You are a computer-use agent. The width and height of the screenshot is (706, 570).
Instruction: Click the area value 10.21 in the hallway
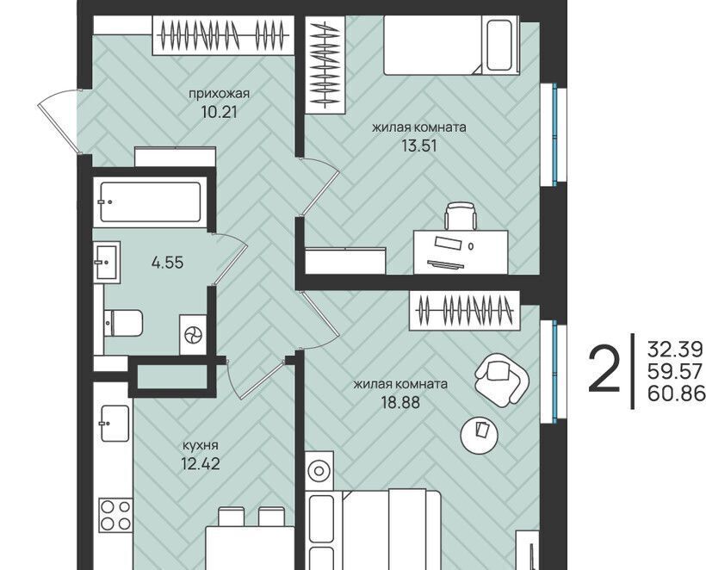coord(219,111)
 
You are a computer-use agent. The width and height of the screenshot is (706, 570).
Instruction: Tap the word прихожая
coord(219,94)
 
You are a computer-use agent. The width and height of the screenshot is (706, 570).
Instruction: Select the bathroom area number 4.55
coord(168,262)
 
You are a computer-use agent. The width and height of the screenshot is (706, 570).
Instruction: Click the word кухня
coord(200,445)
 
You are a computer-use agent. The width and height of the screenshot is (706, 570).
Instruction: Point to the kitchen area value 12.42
coord(201,463)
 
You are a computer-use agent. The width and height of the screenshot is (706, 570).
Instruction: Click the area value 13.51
coord(418,146)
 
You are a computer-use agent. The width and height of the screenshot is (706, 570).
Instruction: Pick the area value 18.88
coord(400,402)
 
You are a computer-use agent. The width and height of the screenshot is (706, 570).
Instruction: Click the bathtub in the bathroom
coord(151,202)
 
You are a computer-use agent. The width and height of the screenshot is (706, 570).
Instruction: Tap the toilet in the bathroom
coord(122,323)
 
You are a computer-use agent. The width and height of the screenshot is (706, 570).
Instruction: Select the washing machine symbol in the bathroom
coord(194,335)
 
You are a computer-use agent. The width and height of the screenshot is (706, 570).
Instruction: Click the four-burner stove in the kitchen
coord(115,515)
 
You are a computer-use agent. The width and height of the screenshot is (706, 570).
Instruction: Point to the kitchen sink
coord(115,424)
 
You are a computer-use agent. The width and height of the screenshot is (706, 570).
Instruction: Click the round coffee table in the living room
coord(480,435)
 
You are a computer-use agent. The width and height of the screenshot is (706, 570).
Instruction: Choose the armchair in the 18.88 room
coord(501,378)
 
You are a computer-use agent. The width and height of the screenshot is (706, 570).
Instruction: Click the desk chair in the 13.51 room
coord(461,216)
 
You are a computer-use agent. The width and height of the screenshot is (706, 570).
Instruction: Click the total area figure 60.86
coord(675,393)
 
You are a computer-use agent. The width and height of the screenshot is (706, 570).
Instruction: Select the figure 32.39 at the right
coord(675,349)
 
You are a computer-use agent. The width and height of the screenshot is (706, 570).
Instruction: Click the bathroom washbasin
coord(107,262)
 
